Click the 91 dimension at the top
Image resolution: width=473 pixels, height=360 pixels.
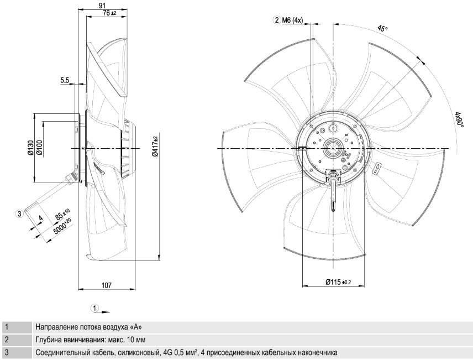tap(102, 6)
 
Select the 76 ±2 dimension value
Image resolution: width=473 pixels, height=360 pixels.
tap(109, 13)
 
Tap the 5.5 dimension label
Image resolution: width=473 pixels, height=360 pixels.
tap(65, 80)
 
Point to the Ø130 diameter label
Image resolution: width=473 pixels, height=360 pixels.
tap(30, 148)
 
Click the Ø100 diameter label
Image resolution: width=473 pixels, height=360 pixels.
tap(39, 148)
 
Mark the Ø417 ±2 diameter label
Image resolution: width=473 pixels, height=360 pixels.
tap(155, 146)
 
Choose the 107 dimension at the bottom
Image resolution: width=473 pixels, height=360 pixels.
tap(107, 285)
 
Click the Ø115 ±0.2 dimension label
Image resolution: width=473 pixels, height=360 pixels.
tap(338, 282)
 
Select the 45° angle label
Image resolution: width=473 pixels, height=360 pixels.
tap(382, 29)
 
